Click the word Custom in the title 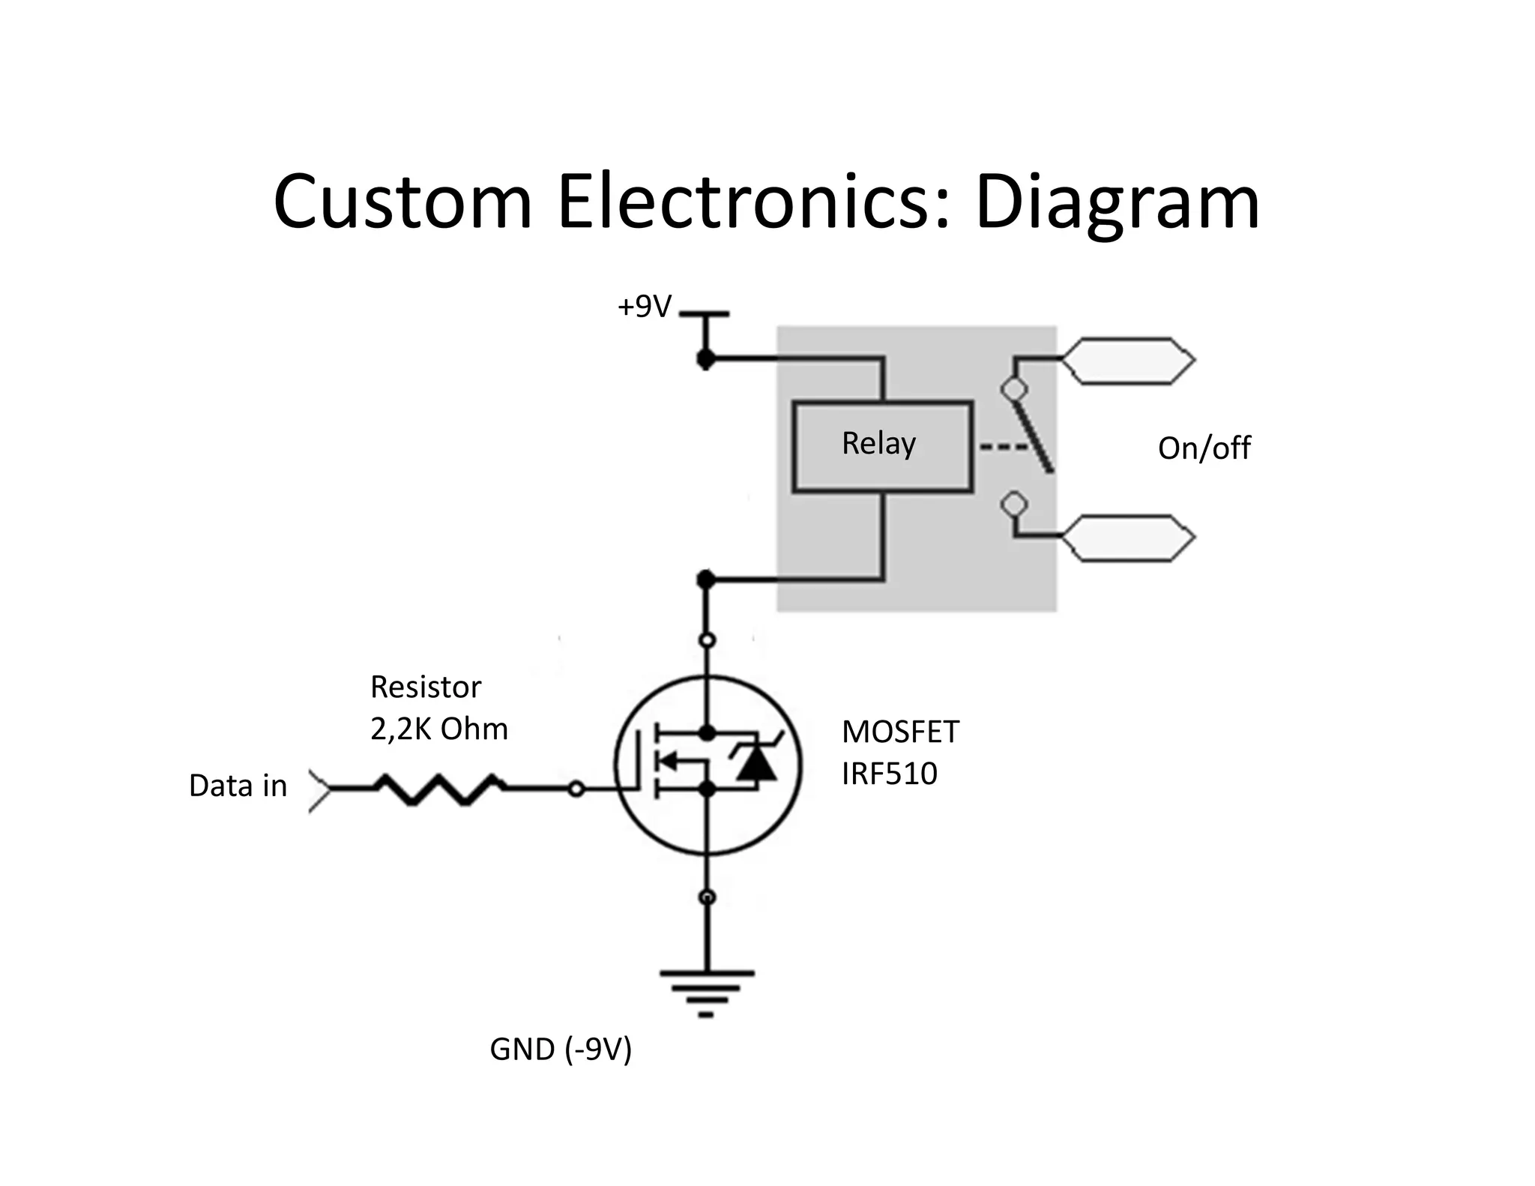tap(402, 202)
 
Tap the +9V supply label tap(644, 307)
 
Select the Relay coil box tap(882, 447)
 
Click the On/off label tap(1204, 448)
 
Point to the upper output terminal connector tap(1127, 361)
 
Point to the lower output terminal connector tap(1127, 538)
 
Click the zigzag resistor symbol tap(440, 789)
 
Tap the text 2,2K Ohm tap(439, 729)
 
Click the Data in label tap(238, 786)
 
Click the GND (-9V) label tap(561, 1049)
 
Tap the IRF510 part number tap(889, 774)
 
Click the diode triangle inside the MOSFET tap(756, 764)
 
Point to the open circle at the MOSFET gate tap(576, 789)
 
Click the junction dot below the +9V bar tap(705, 360)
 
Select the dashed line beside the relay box tap(1003, 448)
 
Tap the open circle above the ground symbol tap(706, 897)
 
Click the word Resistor tap(426, 687)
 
